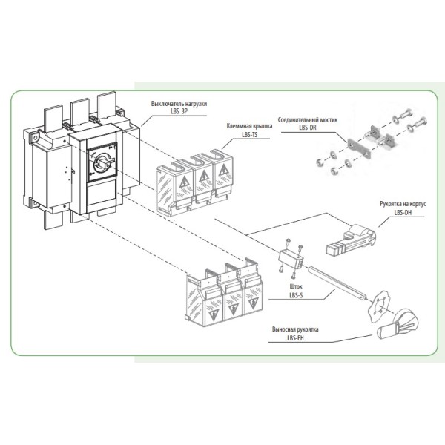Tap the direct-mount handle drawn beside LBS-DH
click(350, 237)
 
